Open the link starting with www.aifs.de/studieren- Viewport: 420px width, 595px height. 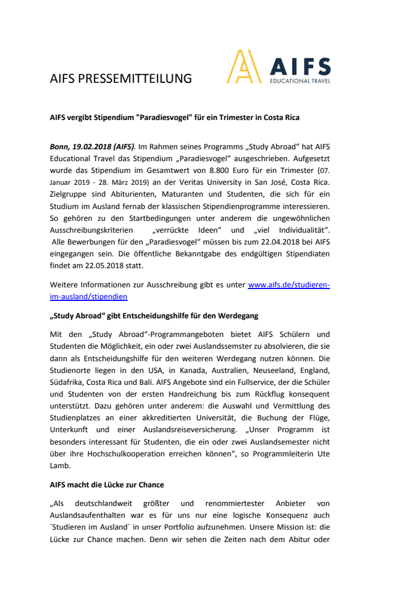pos(289,285)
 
